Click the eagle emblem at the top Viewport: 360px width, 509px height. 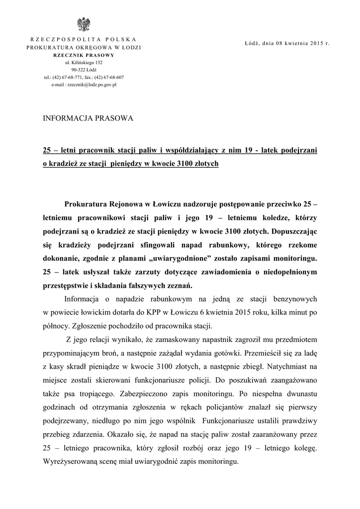(x=84, y=24)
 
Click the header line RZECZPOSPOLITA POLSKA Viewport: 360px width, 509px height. (x=84, y=39)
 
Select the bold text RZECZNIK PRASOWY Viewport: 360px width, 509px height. (x=84, y=55)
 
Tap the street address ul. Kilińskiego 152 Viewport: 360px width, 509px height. (x=84, y=63)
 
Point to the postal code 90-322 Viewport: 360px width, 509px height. (x=78, y=70)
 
